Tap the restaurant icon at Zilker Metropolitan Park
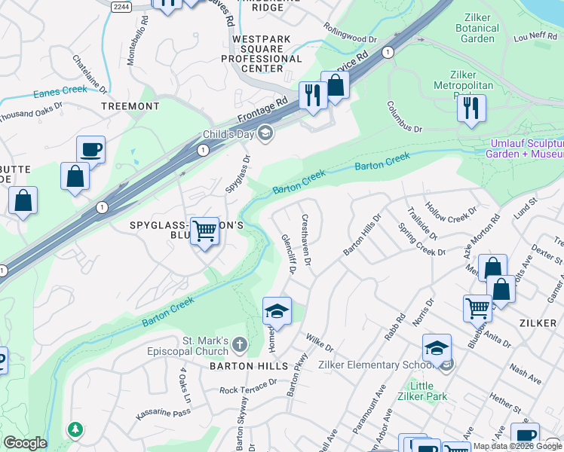[471, 106]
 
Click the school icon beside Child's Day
[265, 134]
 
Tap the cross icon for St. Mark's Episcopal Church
[239, 346]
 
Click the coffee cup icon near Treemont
[90, 149]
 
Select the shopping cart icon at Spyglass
[204, 231]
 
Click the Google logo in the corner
[25, 443]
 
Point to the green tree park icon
[75, 429]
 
